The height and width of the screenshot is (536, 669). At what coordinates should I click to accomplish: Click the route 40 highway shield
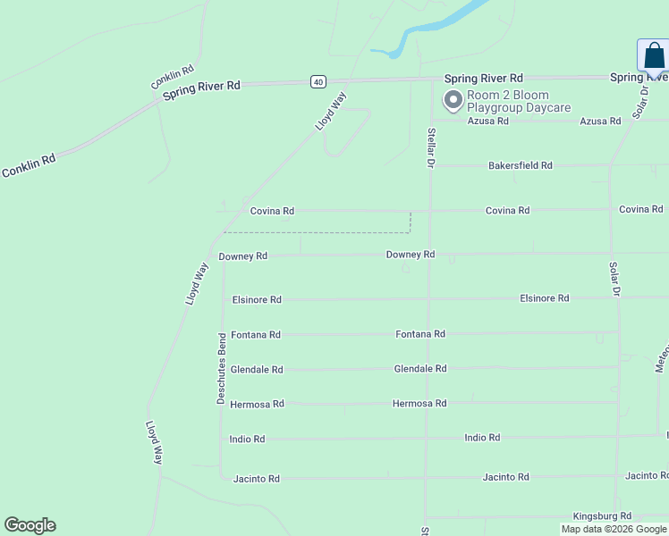click(x=318, y=81)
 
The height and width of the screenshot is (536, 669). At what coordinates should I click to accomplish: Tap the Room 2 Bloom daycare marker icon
click(x=453, y=100)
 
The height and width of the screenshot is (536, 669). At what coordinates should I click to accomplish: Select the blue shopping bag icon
click(x=655, y=55)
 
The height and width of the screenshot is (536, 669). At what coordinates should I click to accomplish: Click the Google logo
click(x=30, y=525)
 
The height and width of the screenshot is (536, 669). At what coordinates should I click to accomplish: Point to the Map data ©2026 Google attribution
click(x=614, y=529)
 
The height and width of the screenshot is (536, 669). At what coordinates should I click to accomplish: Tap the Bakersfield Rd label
click(x=520, y=165)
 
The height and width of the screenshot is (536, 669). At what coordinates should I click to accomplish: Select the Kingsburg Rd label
click(x=602, y=516)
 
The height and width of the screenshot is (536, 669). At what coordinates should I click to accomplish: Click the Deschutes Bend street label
click(x=222, y=368)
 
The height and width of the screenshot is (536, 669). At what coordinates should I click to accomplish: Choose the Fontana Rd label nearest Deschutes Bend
click(x=256, y=335)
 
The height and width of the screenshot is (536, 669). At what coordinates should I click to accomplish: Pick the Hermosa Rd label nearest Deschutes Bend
click(x=257, y=404)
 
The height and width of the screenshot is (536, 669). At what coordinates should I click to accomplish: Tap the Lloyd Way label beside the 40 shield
click(x=330, y=112)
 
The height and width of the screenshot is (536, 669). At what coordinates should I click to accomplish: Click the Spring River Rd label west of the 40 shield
click(x=201, y=91)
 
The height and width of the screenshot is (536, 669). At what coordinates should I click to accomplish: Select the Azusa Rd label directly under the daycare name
click(x=487, y=121)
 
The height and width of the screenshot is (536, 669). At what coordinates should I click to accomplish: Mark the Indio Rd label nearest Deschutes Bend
click(x=247, y=440)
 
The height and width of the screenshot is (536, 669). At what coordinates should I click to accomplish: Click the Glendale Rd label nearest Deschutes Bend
click(x=257, y=370)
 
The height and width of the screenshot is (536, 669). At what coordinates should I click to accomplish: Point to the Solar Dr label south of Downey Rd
click(x=614, y=279)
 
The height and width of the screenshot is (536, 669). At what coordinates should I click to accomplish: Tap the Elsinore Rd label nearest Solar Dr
click(x=544, y=298)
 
